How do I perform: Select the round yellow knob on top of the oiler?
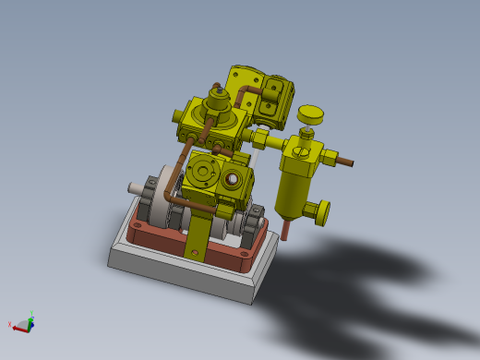[311, 114]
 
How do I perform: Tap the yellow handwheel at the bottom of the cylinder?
[320, 211]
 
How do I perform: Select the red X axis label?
[11, 324]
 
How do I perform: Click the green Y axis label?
[32, 314]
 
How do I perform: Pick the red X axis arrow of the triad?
[20, 325]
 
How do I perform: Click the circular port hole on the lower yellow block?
[234, 178]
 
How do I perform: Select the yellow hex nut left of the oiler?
[261, 139]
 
